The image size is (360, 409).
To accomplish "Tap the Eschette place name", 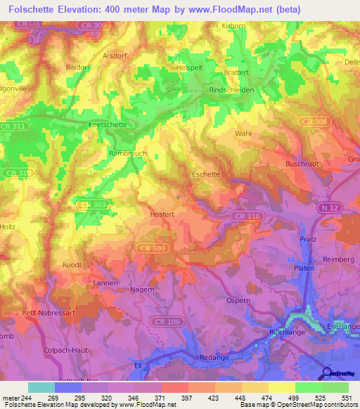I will point(206,174).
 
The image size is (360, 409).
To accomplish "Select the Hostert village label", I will point(162,213).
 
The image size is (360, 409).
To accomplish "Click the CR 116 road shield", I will point(253,215).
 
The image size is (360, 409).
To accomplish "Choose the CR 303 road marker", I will point(91,204).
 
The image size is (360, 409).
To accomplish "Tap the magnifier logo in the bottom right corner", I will point(326,372).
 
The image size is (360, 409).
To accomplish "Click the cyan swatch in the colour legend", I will point(41,387).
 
